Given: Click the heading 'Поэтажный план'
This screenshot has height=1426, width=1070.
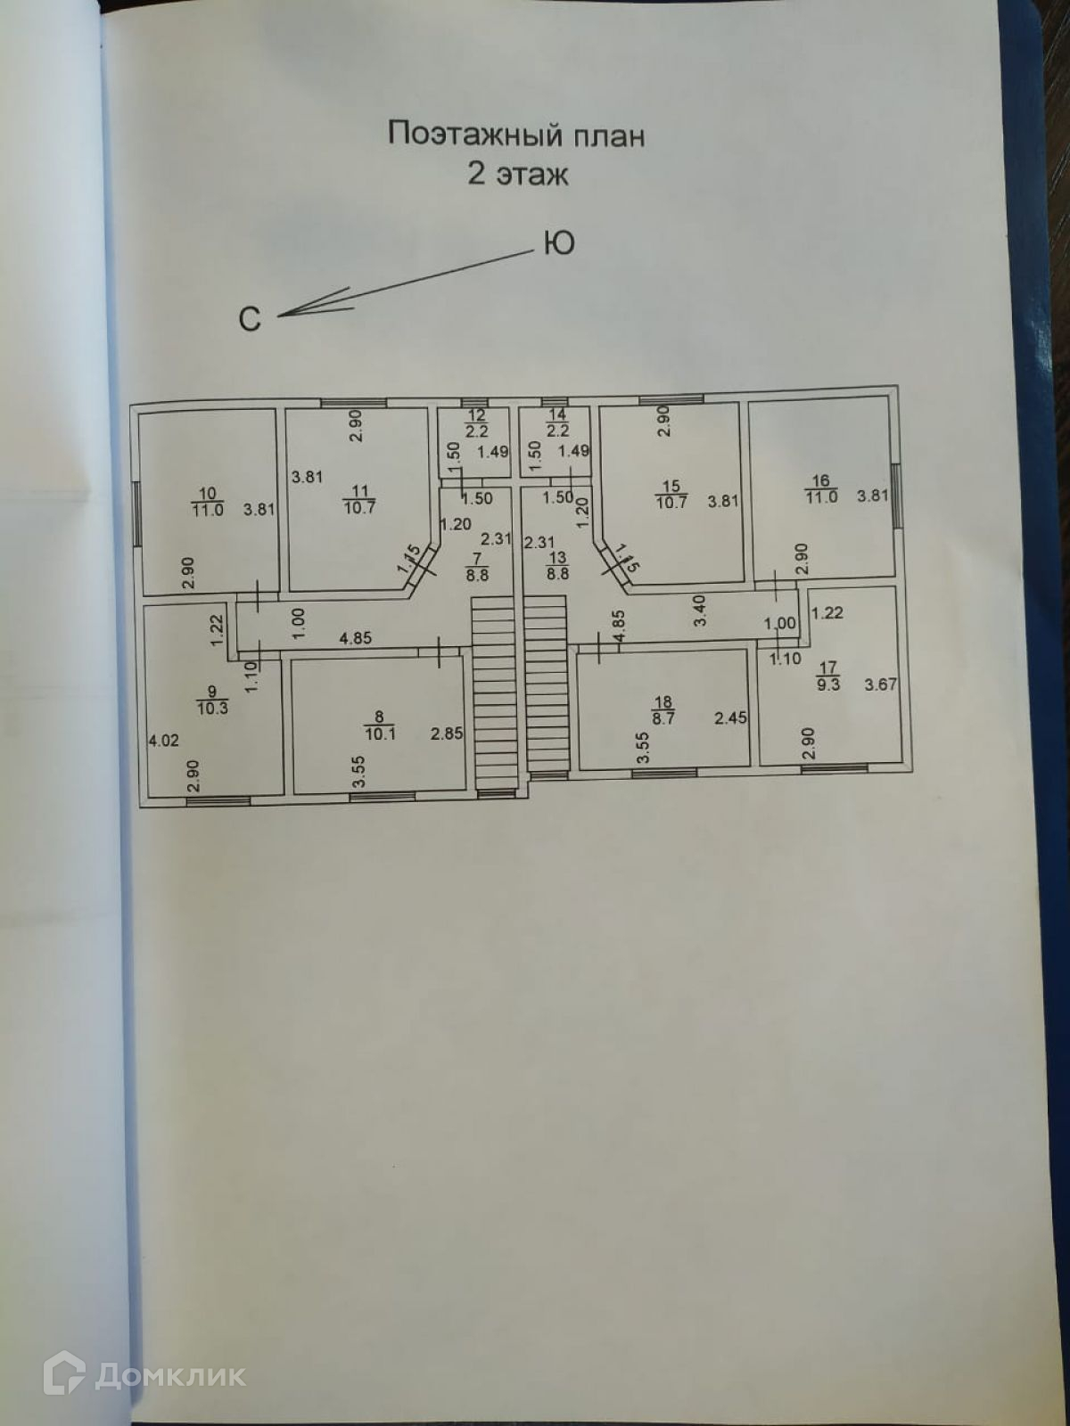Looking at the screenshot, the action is (515, 135).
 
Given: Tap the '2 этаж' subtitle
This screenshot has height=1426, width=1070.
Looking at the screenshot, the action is (517, 174).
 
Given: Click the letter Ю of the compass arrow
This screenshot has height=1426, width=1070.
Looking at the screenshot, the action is (558, 243).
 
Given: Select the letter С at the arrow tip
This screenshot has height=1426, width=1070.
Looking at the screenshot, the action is (250, 319).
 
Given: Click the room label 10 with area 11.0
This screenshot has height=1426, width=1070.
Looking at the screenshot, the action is (207, 502).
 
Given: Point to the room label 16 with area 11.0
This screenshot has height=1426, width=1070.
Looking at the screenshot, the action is (821, 489).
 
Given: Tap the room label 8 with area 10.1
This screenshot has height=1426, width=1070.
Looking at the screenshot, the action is (380, 725).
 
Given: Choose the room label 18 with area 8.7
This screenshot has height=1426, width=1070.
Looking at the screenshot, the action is (663, 709).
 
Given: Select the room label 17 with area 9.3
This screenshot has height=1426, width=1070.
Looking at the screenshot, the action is (828, 676).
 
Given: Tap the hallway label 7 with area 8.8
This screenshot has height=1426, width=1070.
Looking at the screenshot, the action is (477, 567).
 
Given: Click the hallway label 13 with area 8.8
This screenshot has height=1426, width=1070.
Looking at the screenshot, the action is (557, 567).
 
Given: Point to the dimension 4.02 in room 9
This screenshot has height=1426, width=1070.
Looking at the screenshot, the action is (163, 740).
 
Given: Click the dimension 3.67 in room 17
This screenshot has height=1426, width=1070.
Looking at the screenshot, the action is (881, 685).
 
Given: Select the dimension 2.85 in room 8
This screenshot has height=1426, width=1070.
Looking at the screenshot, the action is (447, 733).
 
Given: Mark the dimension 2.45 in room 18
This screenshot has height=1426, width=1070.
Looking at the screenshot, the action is (730, 717).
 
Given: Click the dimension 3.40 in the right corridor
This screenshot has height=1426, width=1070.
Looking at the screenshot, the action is (700, 611).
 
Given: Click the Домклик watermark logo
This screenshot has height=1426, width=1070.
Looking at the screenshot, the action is (144, 1375).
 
